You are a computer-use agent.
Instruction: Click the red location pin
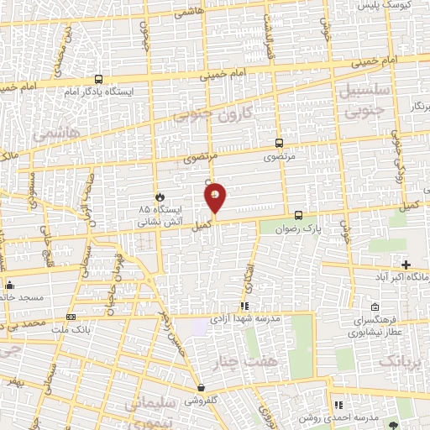coord(216,199)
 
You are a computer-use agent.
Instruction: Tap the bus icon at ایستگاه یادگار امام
coord(99,78)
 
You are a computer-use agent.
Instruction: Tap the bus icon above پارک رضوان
coord(298,212)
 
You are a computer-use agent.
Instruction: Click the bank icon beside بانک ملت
coord(71,317)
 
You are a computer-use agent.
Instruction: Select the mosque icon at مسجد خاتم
coord(8,284)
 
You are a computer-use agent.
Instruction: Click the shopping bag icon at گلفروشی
coord(201,387)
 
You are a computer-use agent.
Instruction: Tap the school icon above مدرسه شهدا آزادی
coord(245,306)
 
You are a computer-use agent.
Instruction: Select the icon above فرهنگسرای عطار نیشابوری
coord(375,307)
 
